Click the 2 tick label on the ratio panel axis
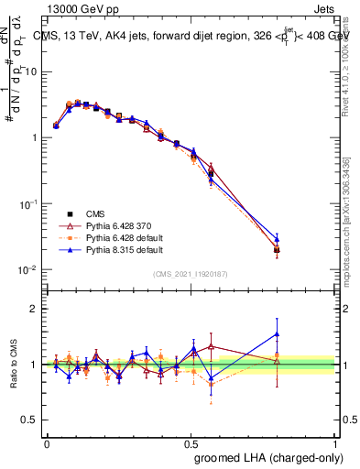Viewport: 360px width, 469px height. (x=34, y=309)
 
